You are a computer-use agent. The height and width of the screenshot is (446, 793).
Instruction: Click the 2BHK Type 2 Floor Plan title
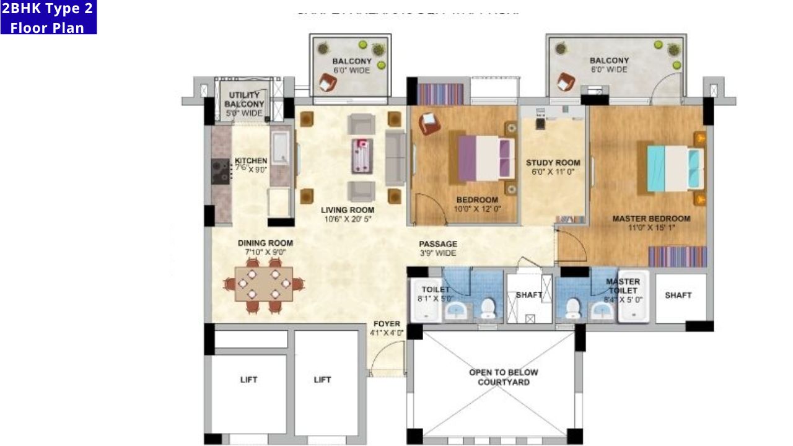48,17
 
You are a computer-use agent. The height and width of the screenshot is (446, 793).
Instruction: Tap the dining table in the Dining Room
264,284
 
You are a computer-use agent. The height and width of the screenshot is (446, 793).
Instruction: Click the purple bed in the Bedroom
486,159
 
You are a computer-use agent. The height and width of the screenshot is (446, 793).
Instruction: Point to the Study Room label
553,163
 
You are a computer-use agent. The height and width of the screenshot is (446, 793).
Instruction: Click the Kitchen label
250,161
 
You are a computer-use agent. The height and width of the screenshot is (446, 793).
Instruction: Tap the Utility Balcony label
244,104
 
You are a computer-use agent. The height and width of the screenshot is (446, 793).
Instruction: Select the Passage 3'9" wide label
437,248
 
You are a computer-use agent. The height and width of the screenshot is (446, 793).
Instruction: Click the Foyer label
387,324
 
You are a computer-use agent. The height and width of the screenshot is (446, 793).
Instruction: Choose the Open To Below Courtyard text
503,377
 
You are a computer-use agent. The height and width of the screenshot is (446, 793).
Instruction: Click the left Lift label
248,380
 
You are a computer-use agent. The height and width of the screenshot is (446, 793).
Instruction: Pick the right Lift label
322,380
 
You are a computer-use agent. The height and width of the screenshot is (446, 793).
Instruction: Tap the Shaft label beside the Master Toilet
678,295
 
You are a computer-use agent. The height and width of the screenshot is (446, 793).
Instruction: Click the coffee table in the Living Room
361,155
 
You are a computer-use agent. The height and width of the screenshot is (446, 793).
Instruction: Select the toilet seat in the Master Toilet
573,306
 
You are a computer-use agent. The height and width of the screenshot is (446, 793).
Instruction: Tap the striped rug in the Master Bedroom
677,256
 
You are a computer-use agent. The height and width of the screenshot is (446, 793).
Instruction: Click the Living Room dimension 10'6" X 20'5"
347,219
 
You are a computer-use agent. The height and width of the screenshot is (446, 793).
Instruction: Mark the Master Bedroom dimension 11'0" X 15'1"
651,227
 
